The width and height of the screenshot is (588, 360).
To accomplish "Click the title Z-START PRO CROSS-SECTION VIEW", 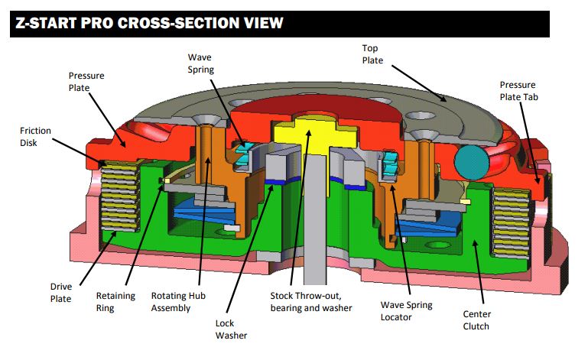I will coord(149,23).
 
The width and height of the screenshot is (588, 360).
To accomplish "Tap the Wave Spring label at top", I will coord(202,65).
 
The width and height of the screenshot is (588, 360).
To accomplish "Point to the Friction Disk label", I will coord(35,137).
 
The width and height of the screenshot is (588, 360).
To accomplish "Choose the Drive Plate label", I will coord(61,293).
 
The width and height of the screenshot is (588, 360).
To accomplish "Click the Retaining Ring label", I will coord(115,302).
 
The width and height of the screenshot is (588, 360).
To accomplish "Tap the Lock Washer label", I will coord(232,329).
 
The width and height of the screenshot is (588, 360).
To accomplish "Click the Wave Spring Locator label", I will coord(406,311).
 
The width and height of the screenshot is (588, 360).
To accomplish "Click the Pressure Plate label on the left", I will coord(86,82).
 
